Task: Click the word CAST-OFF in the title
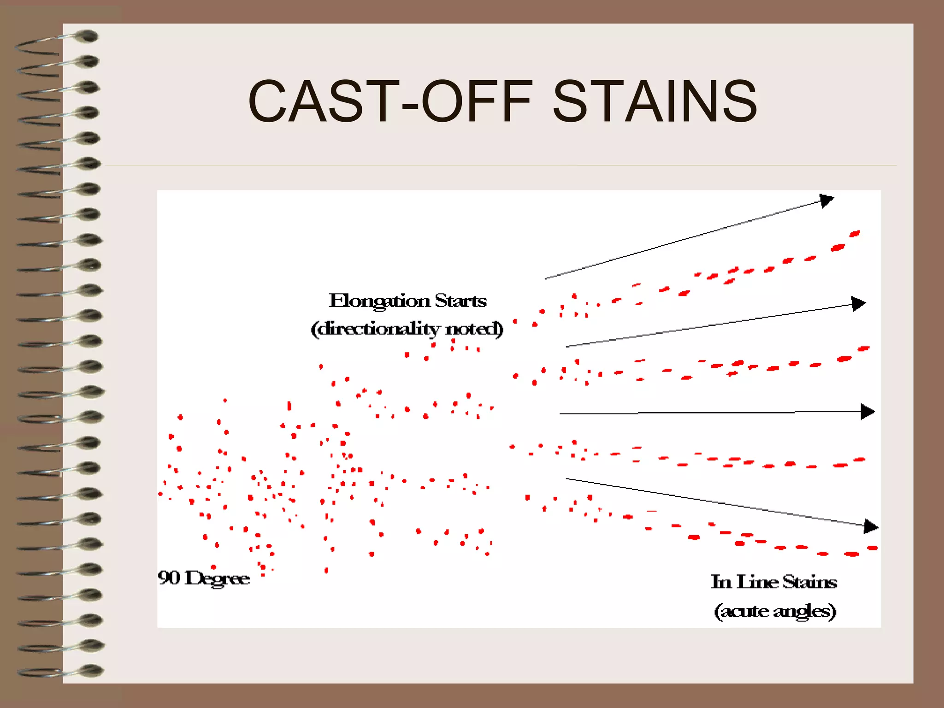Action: tap(389, 101)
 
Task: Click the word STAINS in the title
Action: tap(655, 101)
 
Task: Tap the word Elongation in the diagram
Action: tap(379, 301)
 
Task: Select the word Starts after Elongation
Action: tap(460, 301)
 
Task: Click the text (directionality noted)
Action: tap(407, 329)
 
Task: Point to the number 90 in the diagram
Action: tap(169, 578)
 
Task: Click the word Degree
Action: tap(217, 578)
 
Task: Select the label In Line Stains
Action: tap(774, 582)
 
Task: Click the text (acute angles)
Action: tap(775, 611)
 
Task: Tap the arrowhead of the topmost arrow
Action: tap(827, 201)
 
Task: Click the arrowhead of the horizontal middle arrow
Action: tap(868, 412)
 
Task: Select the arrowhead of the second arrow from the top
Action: tap(859, 303)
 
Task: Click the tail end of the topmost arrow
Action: tap(546, 278)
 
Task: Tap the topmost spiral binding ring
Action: tap(86, 36)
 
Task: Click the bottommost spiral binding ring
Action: tap(90, 670)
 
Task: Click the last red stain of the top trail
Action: tap(855, 234)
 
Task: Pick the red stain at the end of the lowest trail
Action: tap(872, 548)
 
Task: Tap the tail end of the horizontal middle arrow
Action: tap(561, 413)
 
